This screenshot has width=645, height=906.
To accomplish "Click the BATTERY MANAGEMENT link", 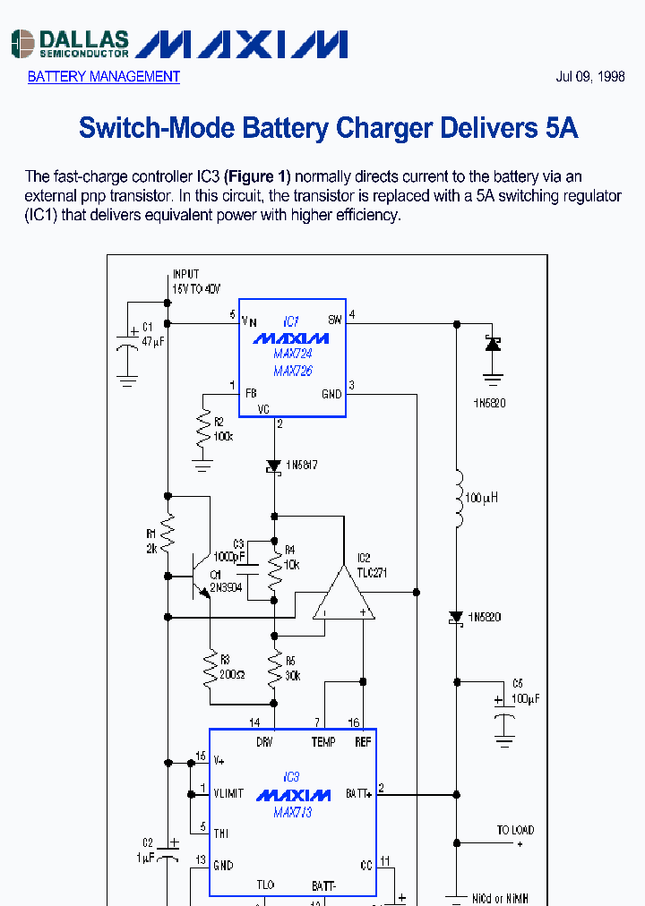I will pyautogui.click(x=103, y=77).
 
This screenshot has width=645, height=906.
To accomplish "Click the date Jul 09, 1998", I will pyautogui.click(x=590, y=77).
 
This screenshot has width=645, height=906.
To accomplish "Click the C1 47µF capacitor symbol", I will pyautogui.click(x=128, y=346).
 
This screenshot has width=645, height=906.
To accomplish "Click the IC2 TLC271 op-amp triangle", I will pyautogui.click(x=344, y=594).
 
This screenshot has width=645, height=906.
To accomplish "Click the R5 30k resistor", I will pyautogui.click(x=275, y=664).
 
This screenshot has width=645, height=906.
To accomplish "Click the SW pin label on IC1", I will pyautogui.click(x=335, y=320).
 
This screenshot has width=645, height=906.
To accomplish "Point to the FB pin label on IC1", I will pyautogui.click(x=251, y=392).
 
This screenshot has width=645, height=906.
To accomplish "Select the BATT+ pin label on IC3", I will pyautogui.click(x=358, y=794).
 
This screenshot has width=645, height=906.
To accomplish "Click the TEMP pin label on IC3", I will pyautogui.click(x=323, y=742).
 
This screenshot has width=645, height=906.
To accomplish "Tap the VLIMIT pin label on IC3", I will pyautogui.click(x=228, y=794).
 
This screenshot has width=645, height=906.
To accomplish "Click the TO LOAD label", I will pyautogui.click(x=515, y=830).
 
